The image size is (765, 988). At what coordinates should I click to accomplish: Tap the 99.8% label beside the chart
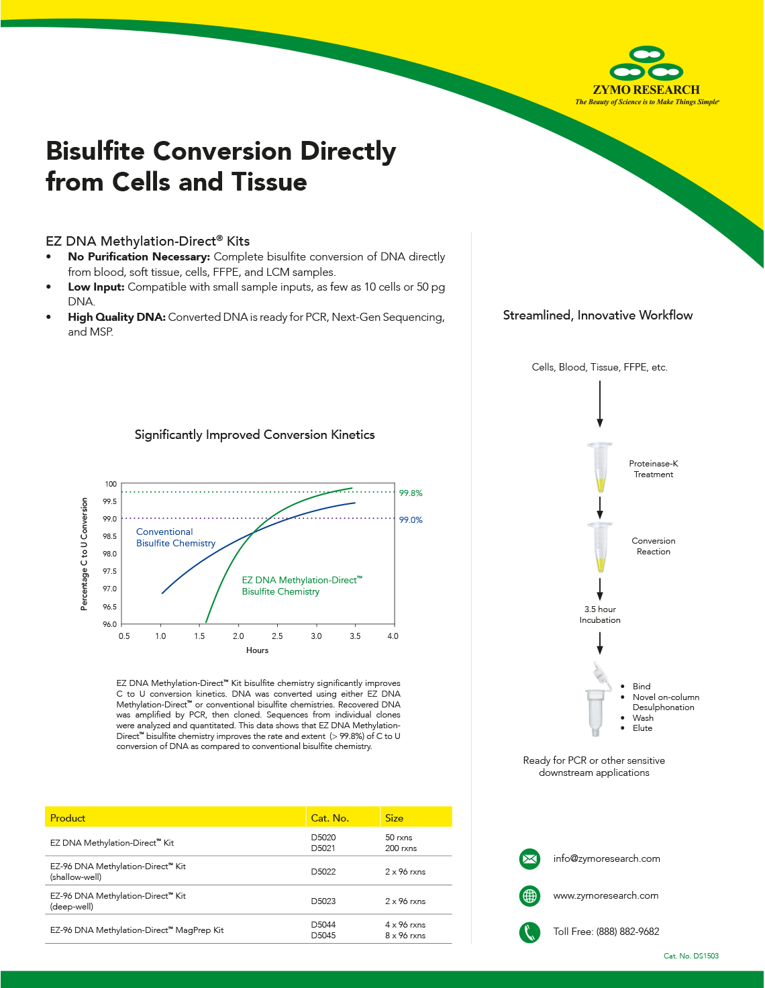pyautogui.click(x=411, y=493)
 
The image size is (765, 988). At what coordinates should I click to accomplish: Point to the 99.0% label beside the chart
pyautogui.click(x=411, y=520)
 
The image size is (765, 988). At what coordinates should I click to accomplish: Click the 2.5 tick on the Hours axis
pyautogui.click(x=277, y=636)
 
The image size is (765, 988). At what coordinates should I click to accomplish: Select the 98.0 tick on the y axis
pyautogui.click(x=109, y=554)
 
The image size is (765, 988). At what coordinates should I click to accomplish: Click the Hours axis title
pyautogui.click(x=257, y=650)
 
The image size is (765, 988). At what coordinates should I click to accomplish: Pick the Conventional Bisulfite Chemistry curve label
pyautogui.click(x=175, y=538)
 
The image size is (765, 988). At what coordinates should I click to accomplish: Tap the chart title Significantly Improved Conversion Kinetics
pyautogui.click(x=254, y=435)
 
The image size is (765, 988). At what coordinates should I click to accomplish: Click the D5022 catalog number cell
pyautogui.click(x=323, y=872)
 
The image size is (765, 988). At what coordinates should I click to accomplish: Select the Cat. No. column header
pyautogui.click(x=329, y=818)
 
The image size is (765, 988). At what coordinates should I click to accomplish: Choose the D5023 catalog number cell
pyautogui.click(x=323, y=901)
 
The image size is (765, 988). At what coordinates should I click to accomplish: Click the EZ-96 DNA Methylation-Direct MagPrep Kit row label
pyautogui.click(x=137, y=930)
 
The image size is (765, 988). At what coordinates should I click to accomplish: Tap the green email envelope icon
pyautogui.click(x=529, y=858)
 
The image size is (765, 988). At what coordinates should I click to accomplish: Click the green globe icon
pyautogui.click(x=529, y=895)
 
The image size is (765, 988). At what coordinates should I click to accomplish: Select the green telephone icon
pyautogui.click(x=529, y=932)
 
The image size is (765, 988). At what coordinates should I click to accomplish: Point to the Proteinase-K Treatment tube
pyautogui.click(x=600, y=467)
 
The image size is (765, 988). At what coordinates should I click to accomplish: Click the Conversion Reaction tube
pyautogui.click(x=600, y=546)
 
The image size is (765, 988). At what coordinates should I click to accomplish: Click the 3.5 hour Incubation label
pyautogui.click(x=600, y=615)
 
